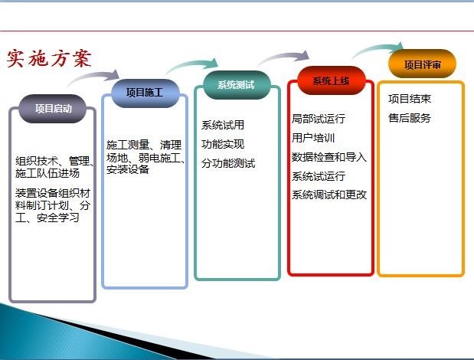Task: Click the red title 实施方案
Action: [49, 58]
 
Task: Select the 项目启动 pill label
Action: [53, 109]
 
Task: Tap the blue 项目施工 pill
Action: [145, 93]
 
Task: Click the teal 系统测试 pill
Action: [237, 85]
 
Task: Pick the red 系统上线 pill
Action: [332, 80]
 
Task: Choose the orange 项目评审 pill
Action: [422, 64]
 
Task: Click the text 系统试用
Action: [223, 125]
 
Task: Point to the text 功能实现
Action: [223, 144]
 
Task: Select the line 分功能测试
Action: [228, 163]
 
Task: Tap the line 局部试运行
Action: [319, 119]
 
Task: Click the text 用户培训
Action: [313, 138]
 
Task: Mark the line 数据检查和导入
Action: [329, 157]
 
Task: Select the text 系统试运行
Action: [319, 176]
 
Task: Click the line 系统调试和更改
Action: [329, 195]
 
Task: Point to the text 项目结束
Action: [410, 99]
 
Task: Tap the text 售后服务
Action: [410, 118]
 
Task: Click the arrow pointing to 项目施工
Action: [92, 75]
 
